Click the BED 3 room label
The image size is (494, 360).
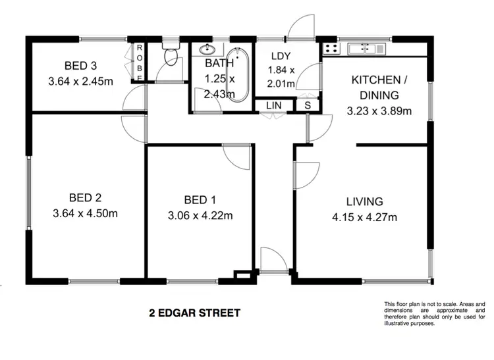point(81,65)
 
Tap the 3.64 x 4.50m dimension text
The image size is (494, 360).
point(84,213)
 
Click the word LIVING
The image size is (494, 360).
point(365,202)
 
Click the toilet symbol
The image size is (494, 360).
point(171,57)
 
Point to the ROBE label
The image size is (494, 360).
point(140,62)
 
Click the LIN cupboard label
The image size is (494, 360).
point(272,106)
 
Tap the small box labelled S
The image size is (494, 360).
point(308,106)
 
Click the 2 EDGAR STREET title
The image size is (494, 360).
point(194,313)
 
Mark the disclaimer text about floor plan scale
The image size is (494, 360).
point(434,313)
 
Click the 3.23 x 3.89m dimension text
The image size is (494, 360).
point(379,111)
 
